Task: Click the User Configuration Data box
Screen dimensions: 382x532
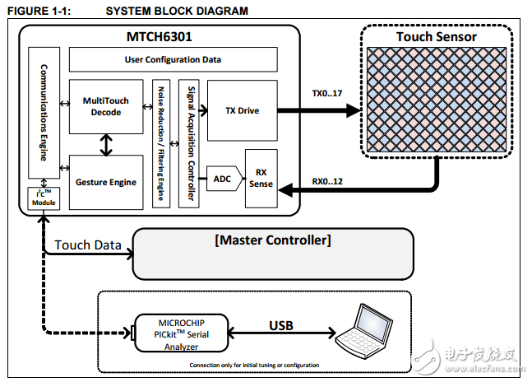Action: pyautogui.click(x=173, y=59)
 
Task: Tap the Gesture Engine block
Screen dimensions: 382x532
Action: pyautogui.click(x=106, y=182)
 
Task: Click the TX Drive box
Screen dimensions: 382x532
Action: pyautogui.click(x=242, y=110)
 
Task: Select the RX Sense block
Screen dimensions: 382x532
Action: pyautogui.click(x=261, y=179)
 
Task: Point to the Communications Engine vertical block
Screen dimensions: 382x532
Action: pyautogui.click(x=39, y=112)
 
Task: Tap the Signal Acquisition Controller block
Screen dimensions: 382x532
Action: pyautogui.click(x=189, y=142)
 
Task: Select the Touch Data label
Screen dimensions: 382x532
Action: pyautogui.click(x=88, y=245)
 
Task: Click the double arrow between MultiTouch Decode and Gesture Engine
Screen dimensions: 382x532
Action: pyautogui.click(x=106, y=146)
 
